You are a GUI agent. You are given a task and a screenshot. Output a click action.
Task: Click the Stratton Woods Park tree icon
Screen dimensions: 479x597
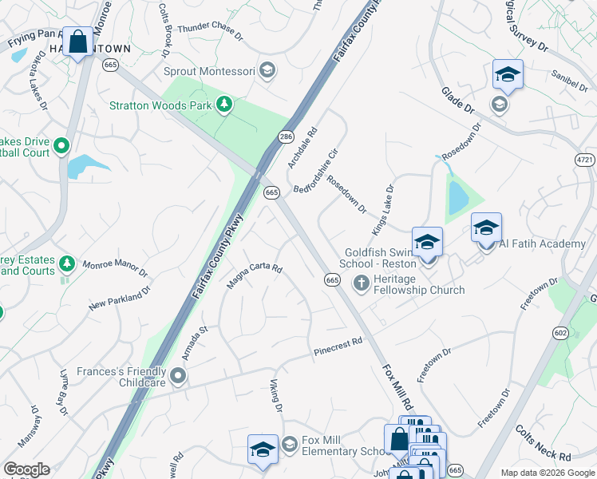pyautogui.click(x=225, y=104)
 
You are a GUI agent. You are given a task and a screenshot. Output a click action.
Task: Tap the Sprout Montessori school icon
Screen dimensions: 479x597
pyautogui.click(x=267, y=71)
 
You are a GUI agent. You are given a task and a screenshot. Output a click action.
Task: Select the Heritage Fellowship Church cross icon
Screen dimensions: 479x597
pyautogui.click(x=361, y=282)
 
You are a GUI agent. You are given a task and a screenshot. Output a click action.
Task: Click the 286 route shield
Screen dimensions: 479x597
pyautogui.click(x=285, y=137)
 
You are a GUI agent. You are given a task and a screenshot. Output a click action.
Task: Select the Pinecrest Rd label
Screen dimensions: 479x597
pyautogui.click(x=338, y=346)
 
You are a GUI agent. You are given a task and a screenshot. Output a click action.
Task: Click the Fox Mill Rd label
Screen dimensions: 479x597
pyautogui.click(x=397, y=384)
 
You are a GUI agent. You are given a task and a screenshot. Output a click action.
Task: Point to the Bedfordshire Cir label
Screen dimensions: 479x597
pyautogui.click(x=316, y=170)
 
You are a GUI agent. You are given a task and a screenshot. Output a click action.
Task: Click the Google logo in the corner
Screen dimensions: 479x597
pyautogui.click(x=26, y=469)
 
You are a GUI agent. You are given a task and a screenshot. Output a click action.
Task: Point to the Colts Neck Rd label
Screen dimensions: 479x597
pyautogui.click(x=543, y=444)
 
